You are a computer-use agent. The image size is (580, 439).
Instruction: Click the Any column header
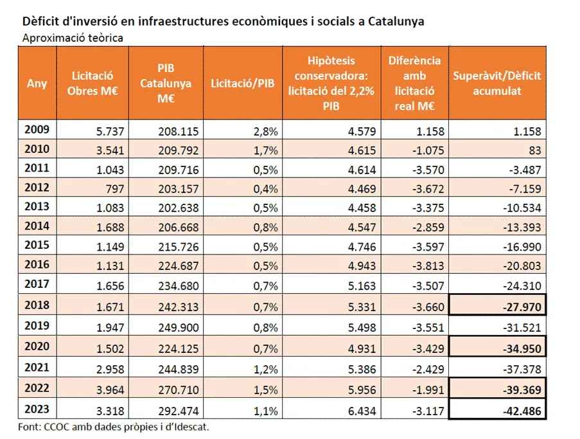37,84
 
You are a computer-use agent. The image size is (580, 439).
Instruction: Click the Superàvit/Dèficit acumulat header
497,84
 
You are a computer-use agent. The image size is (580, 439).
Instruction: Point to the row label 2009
36,130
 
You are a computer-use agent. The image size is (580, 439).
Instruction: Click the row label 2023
36,409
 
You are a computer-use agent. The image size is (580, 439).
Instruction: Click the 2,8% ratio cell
266,131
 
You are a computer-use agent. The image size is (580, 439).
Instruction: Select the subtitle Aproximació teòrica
73,37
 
